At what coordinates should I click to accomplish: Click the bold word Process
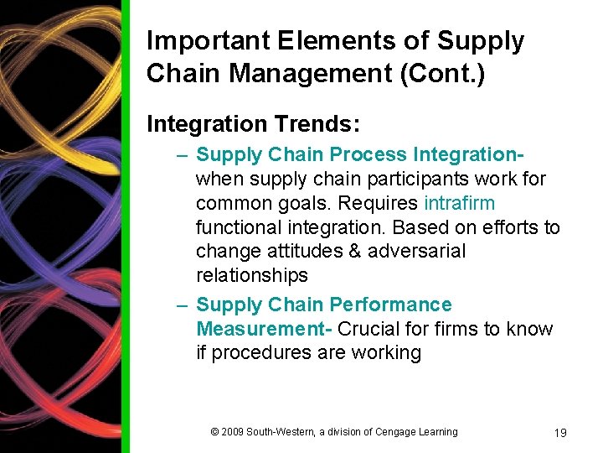click(368, 154)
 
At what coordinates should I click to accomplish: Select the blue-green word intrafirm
click(460, 203)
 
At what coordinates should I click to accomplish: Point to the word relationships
click(252, 275)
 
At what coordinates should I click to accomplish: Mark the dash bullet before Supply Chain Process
click(182, 155)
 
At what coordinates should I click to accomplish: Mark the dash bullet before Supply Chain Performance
click(182, 305)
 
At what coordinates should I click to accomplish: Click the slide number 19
click(560, 433)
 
